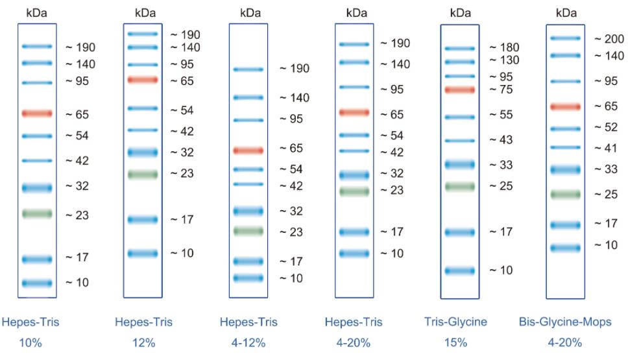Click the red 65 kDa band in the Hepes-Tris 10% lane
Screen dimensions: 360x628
tap(37, 114)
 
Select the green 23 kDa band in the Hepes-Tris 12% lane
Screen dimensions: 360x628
tap(143, 174)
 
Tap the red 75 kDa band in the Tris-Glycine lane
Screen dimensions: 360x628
tap(460, 90)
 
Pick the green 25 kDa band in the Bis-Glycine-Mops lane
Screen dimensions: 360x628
tap(565, 194)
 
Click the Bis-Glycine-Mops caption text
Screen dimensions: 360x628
tap(565, 322)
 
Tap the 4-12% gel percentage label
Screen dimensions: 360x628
tap(248, 343)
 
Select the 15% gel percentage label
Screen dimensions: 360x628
tap(460, 343)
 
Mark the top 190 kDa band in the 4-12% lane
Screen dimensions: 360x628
tap(248, 69)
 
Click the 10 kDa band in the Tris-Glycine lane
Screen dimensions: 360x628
tap(460, 270)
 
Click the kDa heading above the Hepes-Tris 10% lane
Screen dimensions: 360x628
tap(37, 12)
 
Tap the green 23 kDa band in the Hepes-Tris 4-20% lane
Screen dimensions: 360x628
tap(354, 191)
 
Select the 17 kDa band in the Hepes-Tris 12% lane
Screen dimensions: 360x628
tap(143, 219)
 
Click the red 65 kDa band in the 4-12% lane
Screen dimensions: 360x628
tap(248, 150)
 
